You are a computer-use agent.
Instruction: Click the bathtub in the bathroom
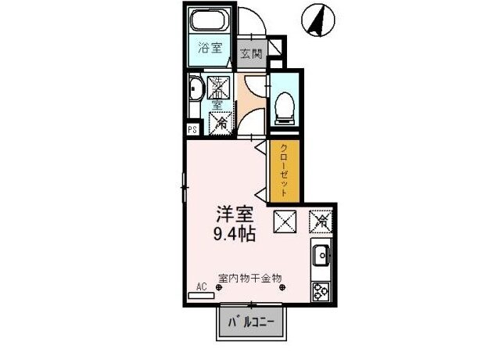coord(210,22)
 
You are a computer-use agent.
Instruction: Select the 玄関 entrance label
coord(252,54)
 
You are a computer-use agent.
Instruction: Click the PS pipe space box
coord(192,130)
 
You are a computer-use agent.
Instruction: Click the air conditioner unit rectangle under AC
coord(201,296)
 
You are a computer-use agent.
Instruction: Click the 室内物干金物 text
coord(249,278)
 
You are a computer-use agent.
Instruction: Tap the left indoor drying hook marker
coord(218,287)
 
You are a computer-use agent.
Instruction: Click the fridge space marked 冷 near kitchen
coord(321,221)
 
